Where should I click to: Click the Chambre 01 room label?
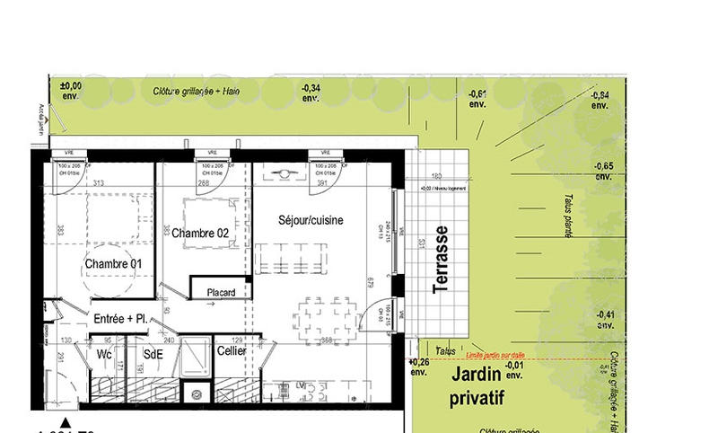(x=113, y=263)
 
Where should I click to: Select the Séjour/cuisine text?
(x=311, y=220)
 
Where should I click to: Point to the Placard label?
(x=221, y=292)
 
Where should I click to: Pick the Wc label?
(x=104, y=353)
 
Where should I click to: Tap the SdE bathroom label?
(x=154, y=353)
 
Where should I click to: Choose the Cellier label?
(x=231, y=351)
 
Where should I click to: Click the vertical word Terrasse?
(x=440, y=258)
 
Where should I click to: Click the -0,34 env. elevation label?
(x=311, y=92)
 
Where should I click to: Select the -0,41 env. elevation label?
(x=606, y=318)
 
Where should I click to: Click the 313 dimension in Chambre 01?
(x=99, y=183)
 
